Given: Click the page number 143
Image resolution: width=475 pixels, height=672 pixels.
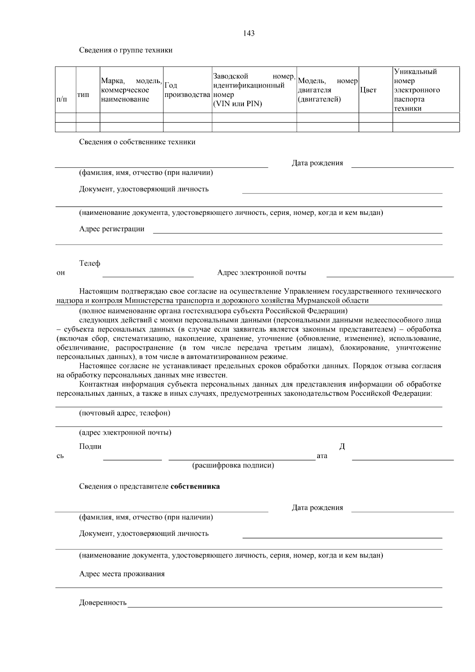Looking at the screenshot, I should coord(249,33).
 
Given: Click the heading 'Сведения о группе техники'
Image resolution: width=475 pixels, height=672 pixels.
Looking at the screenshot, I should coord(125,50).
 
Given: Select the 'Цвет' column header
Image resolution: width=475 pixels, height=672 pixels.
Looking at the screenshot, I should coord(368,90).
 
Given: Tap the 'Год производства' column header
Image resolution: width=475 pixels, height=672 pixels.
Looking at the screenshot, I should coord(187,90).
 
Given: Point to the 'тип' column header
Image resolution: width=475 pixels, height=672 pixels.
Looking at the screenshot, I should coord(83,95).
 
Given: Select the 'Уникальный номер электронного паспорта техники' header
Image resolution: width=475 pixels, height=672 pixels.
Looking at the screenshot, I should coord(417,90).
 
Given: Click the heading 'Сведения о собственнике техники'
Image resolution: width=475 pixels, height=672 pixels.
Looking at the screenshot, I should coord(137,142).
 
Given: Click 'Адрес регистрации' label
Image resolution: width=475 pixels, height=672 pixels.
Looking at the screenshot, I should coord(112,229).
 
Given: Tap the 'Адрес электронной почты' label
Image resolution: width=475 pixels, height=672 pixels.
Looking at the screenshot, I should coord(262,273).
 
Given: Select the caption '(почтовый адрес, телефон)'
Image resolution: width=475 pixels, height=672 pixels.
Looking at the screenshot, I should coord(125,413).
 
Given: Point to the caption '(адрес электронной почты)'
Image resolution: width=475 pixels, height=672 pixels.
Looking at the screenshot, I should coord(125,433).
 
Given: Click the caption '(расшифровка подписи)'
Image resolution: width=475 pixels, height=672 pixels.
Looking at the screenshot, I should coord(233,465).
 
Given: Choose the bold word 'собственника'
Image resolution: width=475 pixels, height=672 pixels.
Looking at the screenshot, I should coord(195,486).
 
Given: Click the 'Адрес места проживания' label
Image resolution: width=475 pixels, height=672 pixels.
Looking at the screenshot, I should coord(122,574).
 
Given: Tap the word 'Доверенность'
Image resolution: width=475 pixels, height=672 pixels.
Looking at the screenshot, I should coord(103,603).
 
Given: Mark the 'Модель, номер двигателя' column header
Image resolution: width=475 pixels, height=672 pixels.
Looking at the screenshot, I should coord(327,90).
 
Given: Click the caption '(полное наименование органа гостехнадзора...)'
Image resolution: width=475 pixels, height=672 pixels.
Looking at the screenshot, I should coord(213,311).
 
